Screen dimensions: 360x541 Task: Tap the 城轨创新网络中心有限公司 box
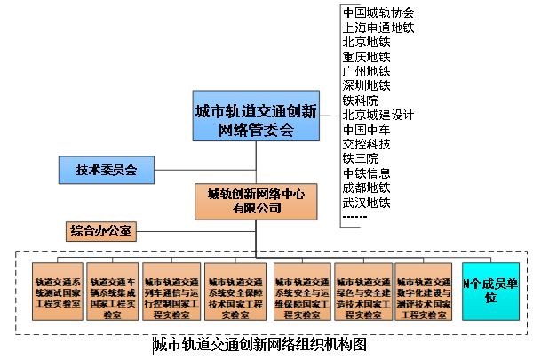[256, 201]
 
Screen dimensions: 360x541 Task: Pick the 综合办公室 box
[100, 232]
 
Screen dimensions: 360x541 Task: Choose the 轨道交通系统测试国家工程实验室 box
[58, 291]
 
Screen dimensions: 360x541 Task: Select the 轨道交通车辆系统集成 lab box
[113, 291]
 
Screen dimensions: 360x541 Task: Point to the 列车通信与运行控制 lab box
[171, 291]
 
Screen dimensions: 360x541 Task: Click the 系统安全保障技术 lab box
[235, 291]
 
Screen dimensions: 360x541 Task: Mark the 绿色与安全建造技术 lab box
[362, 291]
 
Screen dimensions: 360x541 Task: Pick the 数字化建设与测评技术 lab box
[424, 291]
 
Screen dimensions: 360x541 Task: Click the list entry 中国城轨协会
[378, 13]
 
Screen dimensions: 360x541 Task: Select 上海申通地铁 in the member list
[378, 28]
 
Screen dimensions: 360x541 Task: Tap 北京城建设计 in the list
[378, 115]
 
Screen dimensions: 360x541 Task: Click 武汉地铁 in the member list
[366, 203]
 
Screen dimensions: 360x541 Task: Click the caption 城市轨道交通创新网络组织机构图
[259, 344]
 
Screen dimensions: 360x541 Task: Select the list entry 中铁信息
[366, 173]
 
